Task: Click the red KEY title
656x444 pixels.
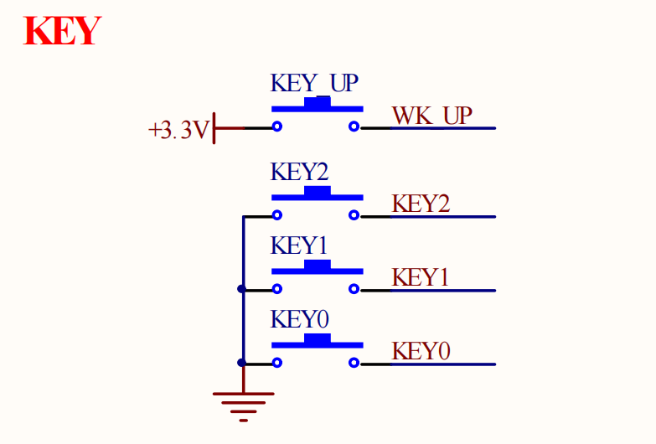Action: pos(62,31)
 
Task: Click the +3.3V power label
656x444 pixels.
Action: pos(177,131)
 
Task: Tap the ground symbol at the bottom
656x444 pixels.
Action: pos(243,405)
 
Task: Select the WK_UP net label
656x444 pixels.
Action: pos(431,116)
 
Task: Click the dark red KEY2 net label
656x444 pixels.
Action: pos(421,204)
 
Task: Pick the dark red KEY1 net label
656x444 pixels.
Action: pos(421,277)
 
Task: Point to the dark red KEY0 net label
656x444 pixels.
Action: pos(421,351)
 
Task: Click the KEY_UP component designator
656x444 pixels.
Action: pos(314,84)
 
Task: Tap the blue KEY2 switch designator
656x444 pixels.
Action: pos(300,173)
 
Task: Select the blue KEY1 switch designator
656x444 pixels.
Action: pos(300,246)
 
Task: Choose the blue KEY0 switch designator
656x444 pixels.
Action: pos(300,320)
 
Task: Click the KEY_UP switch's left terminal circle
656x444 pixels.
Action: pos(276,127)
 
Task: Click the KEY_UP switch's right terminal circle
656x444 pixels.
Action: pos(354,127)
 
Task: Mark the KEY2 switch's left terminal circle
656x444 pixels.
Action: pos(276,216)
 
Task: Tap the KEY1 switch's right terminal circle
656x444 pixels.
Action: pos(354,290)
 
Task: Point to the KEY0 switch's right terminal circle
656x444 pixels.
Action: pos(354,364)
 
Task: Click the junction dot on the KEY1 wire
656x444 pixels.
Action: pos(242,290)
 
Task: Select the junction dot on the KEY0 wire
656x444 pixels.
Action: pos(242,364)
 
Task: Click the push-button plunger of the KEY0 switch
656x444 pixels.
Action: pos(317,339)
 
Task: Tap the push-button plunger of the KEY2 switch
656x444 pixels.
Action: pos(317,192)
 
